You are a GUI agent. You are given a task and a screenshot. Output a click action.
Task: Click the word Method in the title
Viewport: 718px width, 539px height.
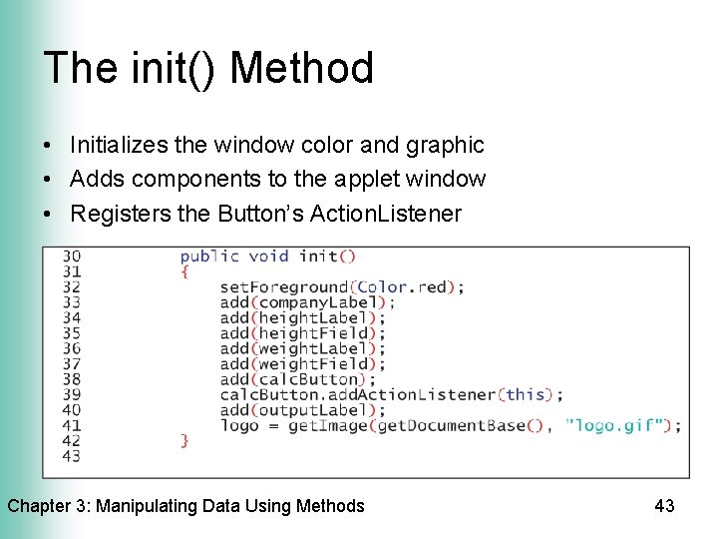click(302, 68)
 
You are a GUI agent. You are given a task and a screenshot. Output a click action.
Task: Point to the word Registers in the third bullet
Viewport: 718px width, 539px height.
click(117, 213)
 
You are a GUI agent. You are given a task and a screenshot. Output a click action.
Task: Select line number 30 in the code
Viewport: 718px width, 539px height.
click(71, 257)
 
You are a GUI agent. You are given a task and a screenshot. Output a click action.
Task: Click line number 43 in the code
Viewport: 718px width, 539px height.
click(71, 456)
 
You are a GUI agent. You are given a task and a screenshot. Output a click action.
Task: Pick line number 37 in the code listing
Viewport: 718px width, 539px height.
click(71, 363)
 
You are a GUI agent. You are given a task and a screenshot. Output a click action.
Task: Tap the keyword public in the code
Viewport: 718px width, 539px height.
click(209, 257)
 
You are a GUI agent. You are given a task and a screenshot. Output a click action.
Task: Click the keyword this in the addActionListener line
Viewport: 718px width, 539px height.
click(526, 394)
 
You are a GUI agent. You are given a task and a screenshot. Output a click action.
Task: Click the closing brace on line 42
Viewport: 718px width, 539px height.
click(184, 440)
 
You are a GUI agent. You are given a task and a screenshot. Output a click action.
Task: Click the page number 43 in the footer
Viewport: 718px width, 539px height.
click(664, 506)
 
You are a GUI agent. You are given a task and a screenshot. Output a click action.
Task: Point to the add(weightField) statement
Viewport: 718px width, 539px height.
click(302, 363)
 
